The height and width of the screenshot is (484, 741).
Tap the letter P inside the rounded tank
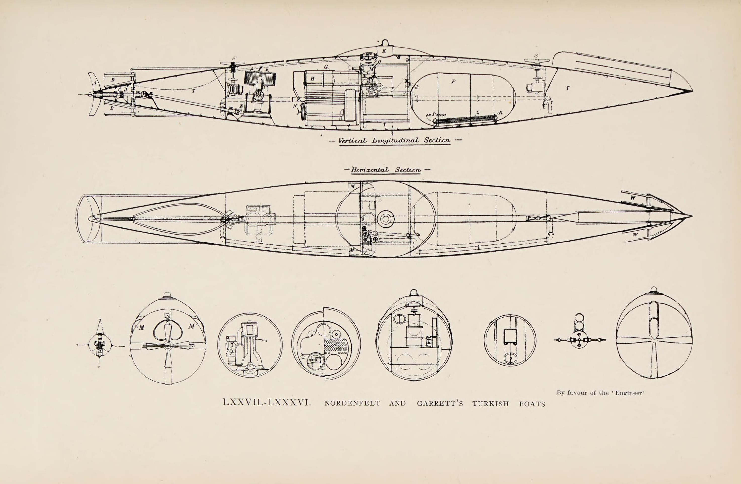(453, 81)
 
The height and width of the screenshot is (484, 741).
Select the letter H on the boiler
(312, 79)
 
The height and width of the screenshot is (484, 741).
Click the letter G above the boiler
(326, 67)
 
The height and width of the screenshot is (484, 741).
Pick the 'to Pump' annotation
(436, 115)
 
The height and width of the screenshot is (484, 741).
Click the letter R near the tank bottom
(500, 113)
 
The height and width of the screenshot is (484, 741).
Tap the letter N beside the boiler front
(295, 106)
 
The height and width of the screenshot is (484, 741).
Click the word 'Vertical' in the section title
(352, 141)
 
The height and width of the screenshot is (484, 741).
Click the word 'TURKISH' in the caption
(490, 404)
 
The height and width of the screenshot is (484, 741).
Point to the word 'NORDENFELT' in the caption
(352, 404)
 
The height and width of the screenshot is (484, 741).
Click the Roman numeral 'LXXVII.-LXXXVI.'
(267, 403)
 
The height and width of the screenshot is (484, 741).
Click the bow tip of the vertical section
(692, 90)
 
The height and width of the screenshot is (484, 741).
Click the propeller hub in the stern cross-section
(168, 345)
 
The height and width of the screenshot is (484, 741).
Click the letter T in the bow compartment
(567, 89)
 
